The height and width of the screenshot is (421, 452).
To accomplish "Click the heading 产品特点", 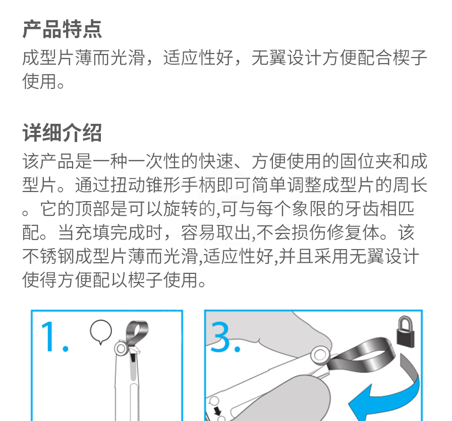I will (x=62, y=29).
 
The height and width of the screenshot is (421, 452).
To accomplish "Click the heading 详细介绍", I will (x=62, y=133).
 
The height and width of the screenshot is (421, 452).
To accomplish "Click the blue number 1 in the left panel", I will (x=54, y=337).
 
